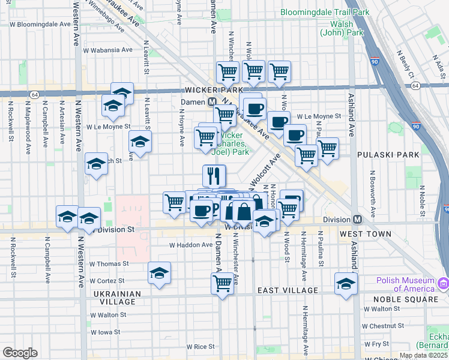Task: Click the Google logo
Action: (20, 353)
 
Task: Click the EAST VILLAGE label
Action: (288, 290)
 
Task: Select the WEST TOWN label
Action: (366, 234)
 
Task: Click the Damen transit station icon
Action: (212, 102)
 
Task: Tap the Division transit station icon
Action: (357, 220)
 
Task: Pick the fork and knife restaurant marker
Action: (214, 176)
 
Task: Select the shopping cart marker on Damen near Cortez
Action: (222, 283)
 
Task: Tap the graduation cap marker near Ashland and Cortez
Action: (346, 284)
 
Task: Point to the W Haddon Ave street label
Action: (191, 245)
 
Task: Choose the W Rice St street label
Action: (200, 346)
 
